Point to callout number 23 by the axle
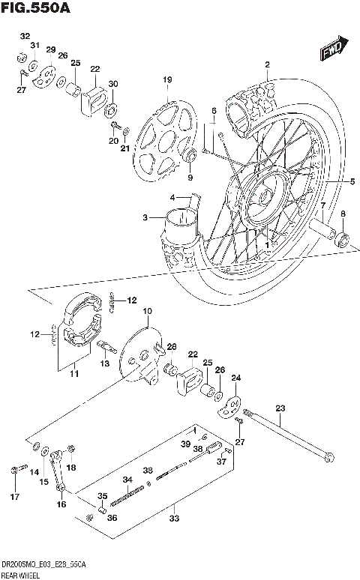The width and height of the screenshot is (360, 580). click(280, 408)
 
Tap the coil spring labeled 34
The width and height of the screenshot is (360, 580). click(132, 499)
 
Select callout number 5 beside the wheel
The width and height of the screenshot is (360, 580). click(352, 181)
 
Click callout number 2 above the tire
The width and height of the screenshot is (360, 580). click(265, 64)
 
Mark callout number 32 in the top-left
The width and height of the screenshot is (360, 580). click(25, 36)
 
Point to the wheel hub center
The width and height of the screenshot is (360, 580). click(263, 196)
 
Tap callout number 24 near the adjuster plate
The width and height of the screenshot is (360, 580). click(236, 378)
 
